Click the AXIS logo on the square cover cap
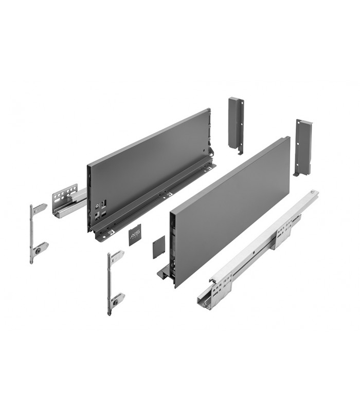tap(134, 235)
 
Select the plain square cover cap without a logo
tap(158, 247)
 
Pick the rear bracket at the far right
tap(302, 146)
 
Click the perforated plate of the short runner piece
tap(64, 195)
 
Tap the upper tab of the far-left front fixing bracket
tap(40, 208)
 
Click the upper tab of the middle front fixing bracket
tap(117, 255)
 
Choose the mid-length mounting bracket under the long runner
tap(283, 236)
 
